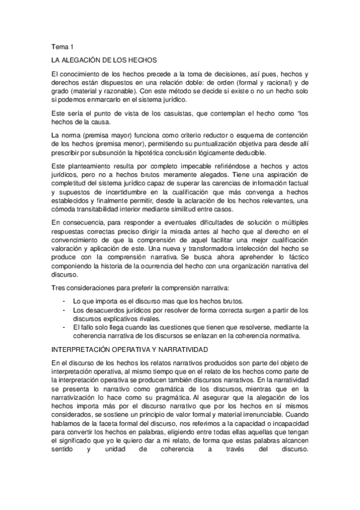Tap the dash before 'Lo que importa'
click(x=64, y=301)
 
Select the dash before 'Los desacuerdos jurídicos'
click(x=64, y=310)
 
